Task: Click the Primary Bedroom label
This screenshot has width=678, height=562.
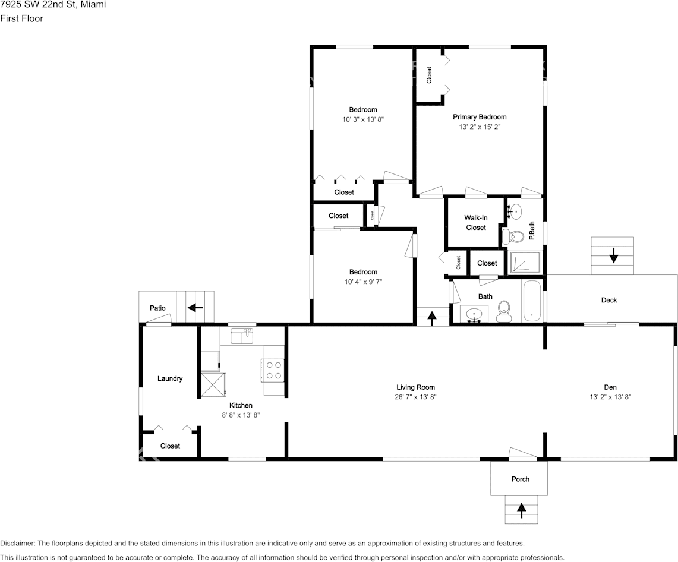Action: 480,117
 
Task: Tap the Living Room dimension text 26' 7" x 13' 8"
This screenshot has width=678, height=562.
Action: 416,397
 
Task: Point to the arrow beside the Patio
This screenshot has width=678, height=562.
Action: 195,307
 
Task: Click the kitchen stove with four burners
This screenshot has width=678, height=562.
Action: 273,371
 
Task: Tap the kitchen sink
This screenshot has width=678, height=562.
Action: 242,336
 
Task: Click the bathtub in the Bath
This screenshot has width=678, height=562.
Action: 531,302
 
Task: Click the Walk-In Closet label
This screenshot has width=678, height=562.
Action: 476,223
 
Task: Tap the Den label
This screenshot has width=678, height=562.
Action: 610,387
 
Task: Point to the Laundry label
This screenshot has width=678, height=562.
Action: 170,378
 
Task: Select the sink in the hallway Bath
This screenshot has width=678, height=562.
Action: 474,314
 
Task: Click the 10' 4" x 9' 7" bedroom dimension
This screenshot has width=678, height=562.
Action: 363,282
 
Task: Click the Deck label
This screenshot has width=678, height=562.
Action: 609,300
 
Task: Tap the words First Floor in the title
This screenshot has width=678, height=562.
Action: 22,18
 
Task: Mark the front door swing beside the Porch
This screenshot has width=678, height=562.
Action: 523,453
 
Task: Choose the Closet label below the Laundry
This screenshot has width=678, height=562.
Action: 170,446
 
